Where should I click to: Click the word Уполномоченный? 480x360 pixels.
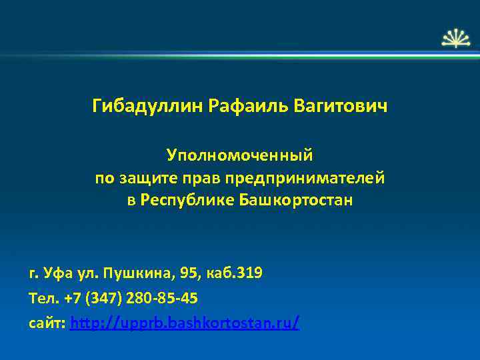[240, 155]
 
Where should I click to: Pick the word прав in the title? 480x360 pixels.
[203, 178]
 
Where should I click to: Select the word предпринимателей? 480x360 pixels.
[305, 178]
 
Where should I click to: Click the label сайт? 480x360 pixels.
[47, 323]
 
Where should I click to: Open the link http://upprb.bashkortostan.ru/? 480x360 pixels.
[184, 323]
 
